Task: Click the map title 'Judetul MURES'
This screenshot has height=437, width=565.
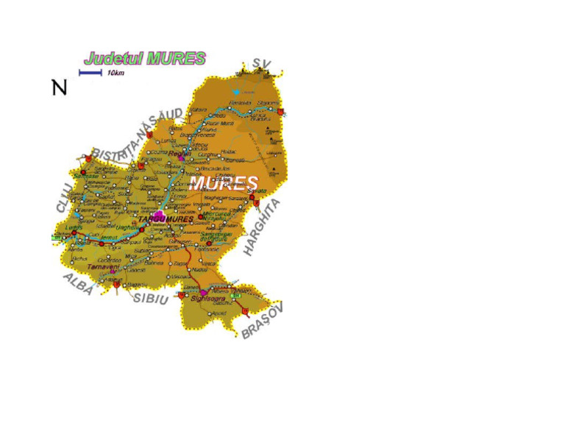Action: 145,58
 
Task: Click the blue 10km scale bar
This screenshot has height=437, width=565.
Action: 90,72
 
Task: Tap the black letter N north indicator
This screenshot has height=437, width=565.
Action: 60,88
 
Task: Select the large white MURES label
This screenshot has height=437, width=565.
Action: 223,182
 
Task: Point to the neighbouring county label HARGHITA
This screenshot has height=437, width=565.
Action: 263,227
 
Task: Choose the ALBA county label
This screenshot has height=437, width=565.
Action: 78,284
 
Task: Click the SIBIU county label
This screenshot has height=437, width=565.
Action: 150,297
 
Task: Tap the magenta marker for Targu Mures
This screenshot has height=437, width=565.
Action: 158,214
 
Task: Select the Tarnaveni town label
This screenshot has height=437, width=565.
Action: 98,266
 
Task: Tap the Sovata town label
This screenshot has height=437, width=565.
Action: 257,191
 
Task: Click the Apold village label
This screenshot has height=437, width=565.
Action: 218,313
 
